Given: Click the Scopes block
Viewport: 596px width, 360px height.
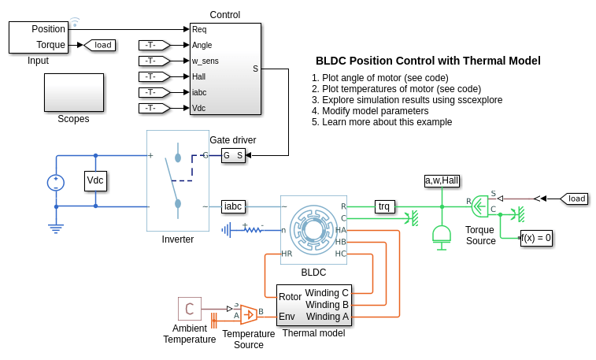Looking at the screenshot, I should point(73,92).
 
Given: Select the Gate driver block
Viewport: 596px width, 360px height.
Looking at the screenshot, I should point(233,155).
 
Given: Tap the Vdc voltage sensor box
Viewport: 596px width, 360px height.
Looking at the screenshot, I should point(95,180).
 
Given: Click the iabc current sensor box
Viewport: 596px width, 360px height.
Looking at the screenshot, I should point(233,206).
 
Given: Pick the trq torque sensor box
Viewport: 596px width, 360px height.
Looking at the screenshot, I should point(383,206).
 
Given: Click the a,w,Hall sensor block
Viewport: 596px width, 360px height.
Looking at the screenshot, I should point(442,180).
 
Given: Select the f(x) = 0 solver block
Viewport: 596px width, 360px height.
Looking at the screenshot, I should point(536,237).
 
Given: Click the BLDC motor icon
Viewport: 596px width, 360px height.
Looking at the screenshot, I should point(313,229).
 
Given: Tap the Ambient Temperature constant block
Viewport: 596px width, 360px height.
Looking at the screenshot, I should point(189,309).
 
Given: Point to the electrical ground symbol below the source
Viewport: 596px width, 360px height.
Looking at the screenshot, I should point(56,228).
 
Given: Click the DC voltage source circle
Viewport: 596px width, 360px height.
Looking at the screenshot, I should point(56,182).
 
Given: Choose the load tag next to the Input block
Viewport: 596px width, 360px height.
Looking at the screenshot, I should point(100,45).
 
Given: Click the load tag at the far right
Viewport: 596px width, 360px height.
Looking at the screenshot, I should point(574,199).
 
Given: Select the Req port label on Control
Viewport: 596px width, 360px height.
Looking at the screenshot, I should point(200,29).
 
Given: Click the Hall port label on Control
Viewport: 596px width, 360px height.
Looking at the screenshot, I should point(199,76).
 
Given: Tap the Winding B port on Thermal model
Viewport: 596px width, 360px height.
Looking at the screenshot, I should point(327,305).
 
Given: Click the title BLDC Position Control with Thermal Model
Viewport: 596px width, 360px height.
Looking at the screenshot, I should point(428,61).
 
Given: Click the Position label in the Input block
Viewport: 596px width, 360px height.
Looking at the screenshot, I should point(49,29).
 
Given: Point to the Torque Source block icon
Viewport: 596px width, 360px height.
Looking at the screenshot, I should point(479,206).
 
